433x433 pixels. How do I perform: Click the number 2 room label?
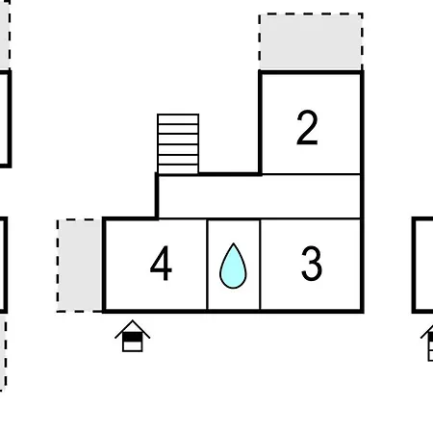point(307,128)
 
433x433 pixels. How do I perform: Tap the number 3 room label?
point(312,264)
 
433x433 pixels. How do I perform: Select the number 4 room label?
point(161,264)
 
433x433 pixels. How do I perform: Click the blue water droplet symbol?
point(233,267)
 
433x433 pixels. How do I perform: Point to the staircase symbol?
point(178,144)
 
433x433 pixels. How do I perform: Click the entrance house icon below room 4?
point(133,336)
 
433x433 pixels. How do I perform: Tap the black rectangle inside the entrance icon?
point(133,337)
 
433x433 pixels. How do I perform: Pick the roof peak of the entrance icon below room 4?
point(133,320)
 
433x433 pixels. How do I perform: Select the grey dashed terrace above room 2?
point(311,41)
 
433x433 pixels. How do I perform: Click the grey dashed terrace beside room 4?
point(80,266)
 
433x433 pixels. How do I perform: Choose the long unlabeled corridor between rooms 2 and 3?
point(259,196)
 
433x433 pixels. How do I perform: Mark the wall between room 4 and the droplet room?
point(207,265)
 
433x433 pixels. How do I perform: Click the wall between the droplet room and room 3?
point(260,265)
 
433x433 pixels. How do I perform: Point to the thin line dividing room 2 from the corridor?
point(311,174)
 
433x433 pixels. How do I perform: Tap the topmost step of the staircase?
point(178,118)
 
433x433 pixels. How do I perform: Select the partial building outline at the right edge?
point(414,265)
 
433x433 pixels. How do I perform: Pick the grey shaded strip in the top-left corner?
point(5,35)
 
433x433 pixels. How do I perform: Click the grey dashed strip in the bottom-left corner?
point(3,352)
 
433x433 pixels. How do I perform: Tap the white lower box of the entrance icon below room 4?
point(133,346)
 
